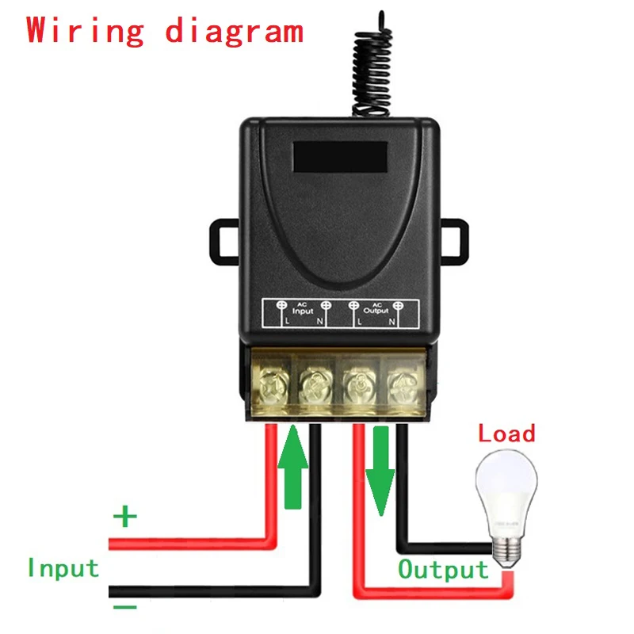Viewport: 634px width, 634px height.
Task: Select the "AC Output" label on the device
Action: click(376, 311)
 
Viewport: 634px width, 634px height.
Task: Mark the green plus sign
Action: click(124, 518)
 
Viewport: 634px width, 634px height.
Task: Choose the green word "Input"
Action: click(63, 568)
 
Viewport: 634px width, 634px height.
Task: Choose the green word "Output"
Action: click(443, 569)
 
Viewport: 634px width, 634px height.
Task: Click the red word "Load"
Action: click(506, 433)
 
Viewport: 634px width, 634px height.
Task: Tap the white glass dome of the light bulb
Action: click(506, 487)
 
